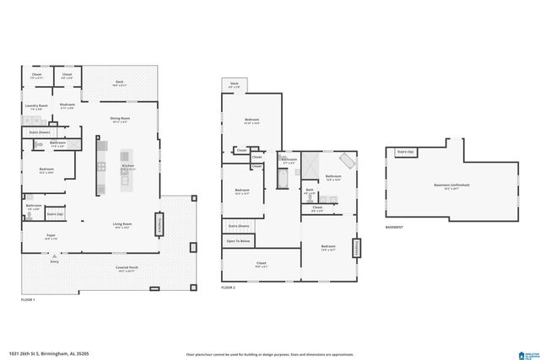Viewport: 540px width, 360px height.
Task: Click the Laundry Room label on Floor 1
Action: [x=36, y=106]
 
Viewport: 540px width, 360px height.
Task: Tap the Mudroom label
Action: [x=67, y=106]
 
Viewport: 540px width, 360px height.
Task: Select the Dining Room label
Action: [x=120, y=120]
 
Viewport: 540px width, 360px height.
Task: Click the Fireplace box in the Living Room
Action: [x=158, y=225]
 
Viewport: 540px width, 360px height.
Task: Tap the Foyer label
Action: [x=51, y=238]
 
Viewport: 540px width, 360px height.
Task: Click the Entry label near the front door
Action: [x=54, y=262]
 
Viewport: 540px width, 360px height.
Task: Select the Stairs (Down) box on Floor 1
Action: [x=40, y=132]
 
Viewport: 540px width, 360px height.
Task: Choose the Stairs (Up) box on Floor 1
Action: [x=56, y=214]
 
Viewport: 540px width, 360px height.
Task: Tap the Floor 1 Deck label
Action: [x=120, y=83]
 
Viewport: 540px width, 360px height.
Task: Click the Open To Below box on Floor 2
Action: [x=238, y=242]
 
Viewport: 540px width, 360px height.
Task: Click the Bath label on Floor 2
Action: [x=310, y=191]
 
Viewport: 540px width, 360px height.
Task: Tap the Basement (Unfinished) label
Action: [x=451, y=185]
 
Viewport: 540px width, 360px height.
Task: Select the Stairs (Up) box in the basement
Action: [x=404, y=153]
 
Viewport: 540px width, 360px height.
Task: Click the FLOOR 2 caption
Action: [x=228, y=287]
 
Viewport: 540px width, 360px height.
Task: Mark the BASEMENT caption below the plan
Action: [x=394, y=228]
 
